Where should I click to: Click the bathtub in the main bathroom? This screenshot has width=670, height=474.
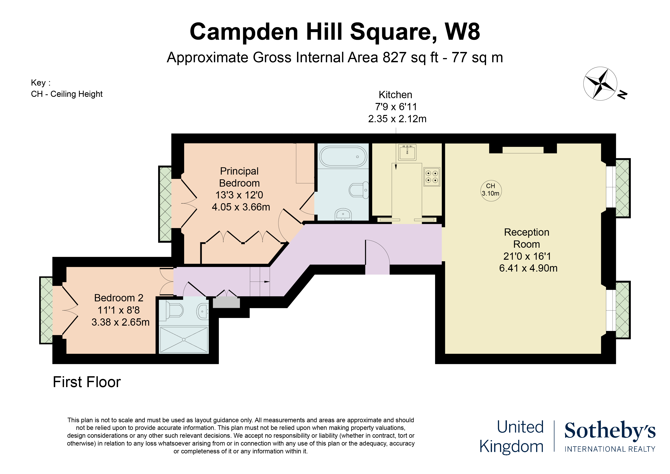pos(343,157)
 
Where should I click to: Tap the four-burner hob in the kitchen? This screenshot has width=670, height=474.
pos(432,177)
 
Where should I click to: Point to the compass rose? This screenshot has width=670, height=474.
pos(600,83)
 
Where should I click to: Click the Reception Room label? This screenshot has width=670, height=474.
pos(527,238)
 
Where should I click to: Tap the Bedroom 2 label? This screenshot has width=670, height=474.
pos(119,298)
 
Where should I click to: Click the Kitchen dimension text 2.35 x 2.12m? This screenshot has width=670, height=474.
pos(397,119)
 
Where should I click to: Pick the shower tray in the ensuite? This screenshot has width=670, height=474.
pos(184,340)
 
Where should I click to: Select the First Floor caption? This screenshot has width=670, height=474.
pos(87,382)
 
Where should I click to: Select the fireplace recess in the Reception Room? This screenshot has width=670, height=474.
pos(523,150)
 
